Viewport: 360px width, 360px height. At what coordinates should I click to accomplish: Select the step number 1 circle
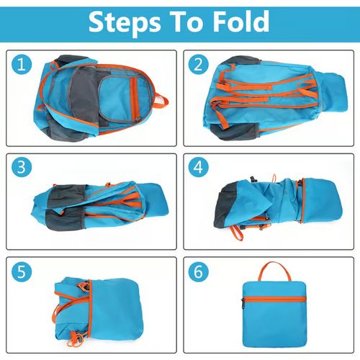point(24,66)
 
